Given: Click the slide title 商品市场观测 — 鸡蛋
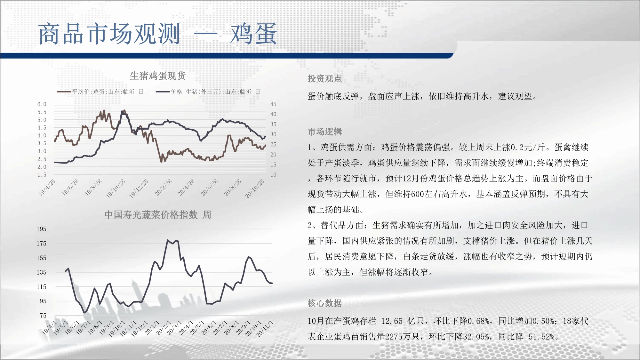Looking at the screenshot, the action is [x=157, y=34].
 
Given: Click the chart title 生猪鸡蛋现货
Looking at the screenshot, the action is [x=158, y=76].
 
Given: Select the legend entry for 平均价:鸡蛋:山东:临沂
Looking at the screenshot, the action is [x=100, y=92].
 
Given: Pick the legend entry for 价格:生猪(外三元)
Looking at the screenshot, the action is [x=208, y=92].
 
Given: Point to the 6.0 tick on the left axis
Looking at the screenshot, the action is [x=42, y=104].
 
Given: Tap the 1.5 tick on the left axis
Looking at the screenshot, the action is [x=42, y=175].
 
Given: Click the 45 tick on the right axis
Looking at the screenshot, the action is [x=273, y=104].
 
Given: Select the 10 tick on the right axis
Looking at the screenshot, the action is [x=273, y=175].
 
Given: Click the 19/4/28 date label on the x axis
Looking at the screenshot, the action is [x=47, y=188].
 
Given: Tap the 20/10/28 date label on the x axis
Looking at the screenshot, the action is [x=255, y=189].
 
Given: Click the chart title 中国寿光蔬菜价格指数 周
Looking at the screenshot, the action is [x=158, y=215].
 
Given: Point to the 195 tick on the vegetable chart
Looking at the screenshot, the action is [x=41, y=229].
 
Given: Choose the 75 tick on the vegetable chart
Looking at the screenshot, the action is [x=43, y=316].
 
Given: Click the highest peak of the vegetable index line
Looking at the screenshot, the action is [x=167, y=240].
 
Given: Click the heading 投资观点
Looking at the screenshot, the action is [x=325, y=79].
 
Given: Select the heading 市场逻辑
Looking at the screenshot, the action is [x=325, y=132].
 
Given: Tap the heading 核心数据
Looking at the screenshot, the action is [x=325, y=303].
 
